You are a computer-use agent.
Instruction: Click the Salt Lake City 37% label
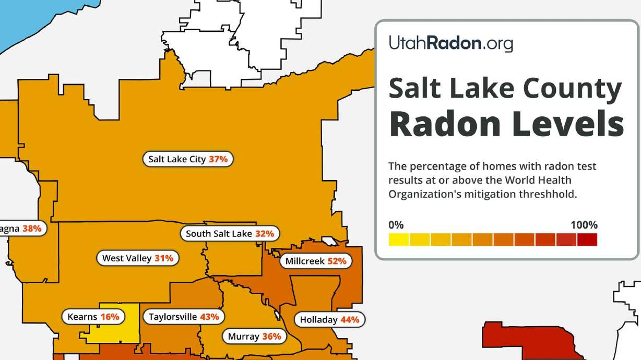(x=188, y=159)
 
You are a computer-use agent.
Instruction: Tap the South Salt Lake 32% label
(x=230, y=234)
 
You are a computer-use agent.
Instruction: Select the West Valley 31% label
(x=138, y=258)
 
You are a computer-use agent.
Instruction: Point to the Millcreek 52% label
(x=316, y=261)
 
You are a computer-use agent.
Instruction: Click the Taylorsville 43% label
(x=184, y=317)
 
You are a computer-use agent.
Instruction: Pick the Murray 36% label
(x=255, y=337)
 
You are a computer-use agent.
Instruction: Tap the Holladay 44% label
(x=329, y=320)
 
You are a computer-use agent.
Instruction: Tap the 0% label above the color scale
(x=396, y=225)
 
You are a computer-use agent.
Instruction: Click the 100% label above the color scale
(x=584, y=225)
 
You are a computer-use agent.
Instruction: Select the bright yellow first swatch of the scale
(x=399, y=239)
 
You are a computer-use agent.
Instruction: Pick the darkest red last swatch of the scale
(x=587, y=239)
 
